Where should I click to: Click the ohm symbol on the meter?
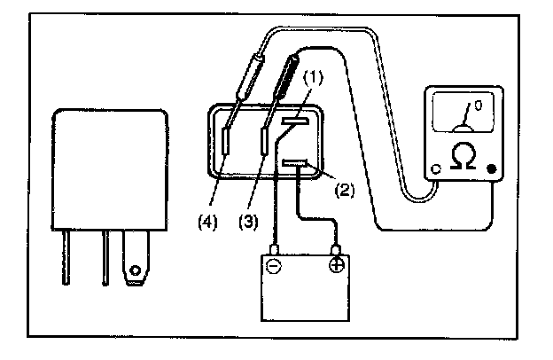point(463,156)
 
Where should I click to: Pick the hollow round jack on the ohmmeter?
point(434,168)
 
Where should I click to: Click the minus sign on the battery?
point(276,266)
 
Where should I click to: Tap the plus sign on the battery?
point(337,265)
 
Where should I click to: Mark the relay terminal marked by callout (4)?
point(228,141)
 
